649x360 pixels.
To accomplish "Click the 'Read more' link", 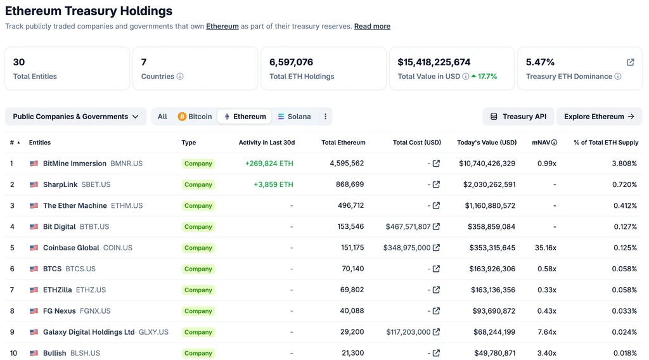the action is [x=372, y=27].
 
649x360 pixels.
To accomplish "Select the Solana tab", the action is [x=294, y=117].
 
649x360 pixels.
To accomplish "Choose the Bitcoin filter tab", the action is [x=195, y=117].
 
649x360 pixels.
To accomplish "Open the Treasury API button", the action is [x=518, y=117].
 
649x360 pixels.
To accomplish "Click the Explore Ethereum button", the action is [x=599, y=117].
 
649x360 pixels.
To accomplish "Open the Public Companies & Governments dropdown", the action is [x=76, y=117].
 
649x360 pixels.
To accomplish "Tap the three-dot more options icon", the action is [x=325, y=117].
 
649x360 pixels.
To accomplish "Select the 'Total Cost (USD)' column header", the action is [x=417, y=143].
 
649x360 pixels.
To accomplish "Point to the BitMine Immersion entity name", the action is [x=75, y=164].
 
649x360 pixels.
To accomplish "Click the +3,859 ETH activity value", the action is [x=273, y=184].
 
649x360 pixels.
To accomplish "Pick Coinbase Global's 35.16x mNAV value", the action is [x=546, y=248].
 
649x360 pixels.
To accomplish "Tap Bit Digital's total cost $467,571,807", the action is [x=408, y=227].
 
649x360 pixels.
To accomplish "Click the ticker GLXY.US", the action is [x=153, y=332].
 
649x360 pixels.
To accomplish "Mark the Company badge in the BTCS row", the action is [x=198, y=269].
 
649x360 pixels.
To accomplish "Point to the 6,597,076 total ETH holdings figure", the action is [x=291, y=62].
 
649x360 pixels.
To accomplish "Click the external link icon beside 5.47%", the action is [x=631, y=62].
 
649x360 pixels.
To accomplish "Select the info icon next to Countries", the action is [x=180, y=77].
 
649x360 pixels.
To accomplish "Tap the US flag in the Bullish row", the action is [x=34, y=354].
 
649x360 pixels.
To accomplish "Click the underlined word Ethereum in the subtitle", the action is [x=222, y=27].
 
